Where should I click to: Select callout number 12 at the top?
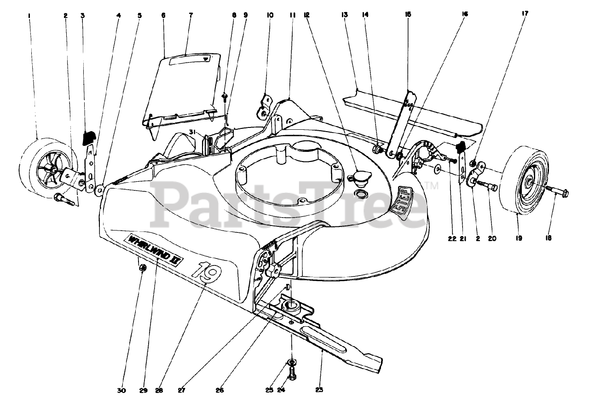[307, 15]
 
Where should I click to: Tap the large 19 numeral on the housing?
[206, 272]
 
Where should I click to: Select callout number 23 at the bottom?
[319, 390]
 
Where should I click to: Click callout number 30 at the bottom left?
[121, 390]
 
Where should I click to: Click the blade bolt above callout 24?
[291, 372]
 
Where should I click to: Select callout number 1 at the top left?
[29, 15]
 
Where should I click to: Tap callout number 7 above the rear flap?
[191, 15]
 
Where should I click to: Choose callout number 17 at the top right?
[525, 13]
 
